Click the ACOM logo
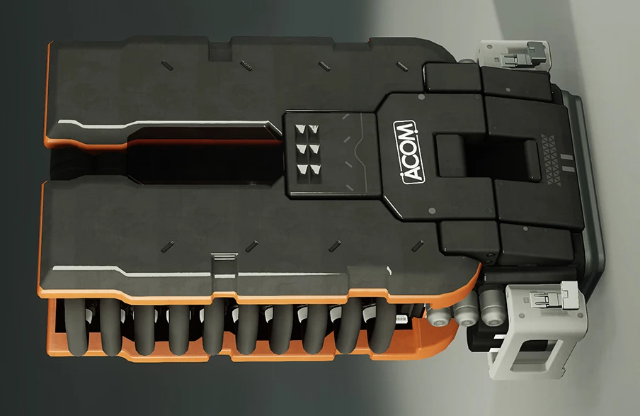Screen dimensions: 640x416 [x=408, y=152]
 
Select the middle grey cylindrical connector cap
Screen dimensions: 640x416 [x=465, y=311]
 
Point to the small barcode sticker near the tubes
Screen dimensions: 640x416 [x=402, y=318]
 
